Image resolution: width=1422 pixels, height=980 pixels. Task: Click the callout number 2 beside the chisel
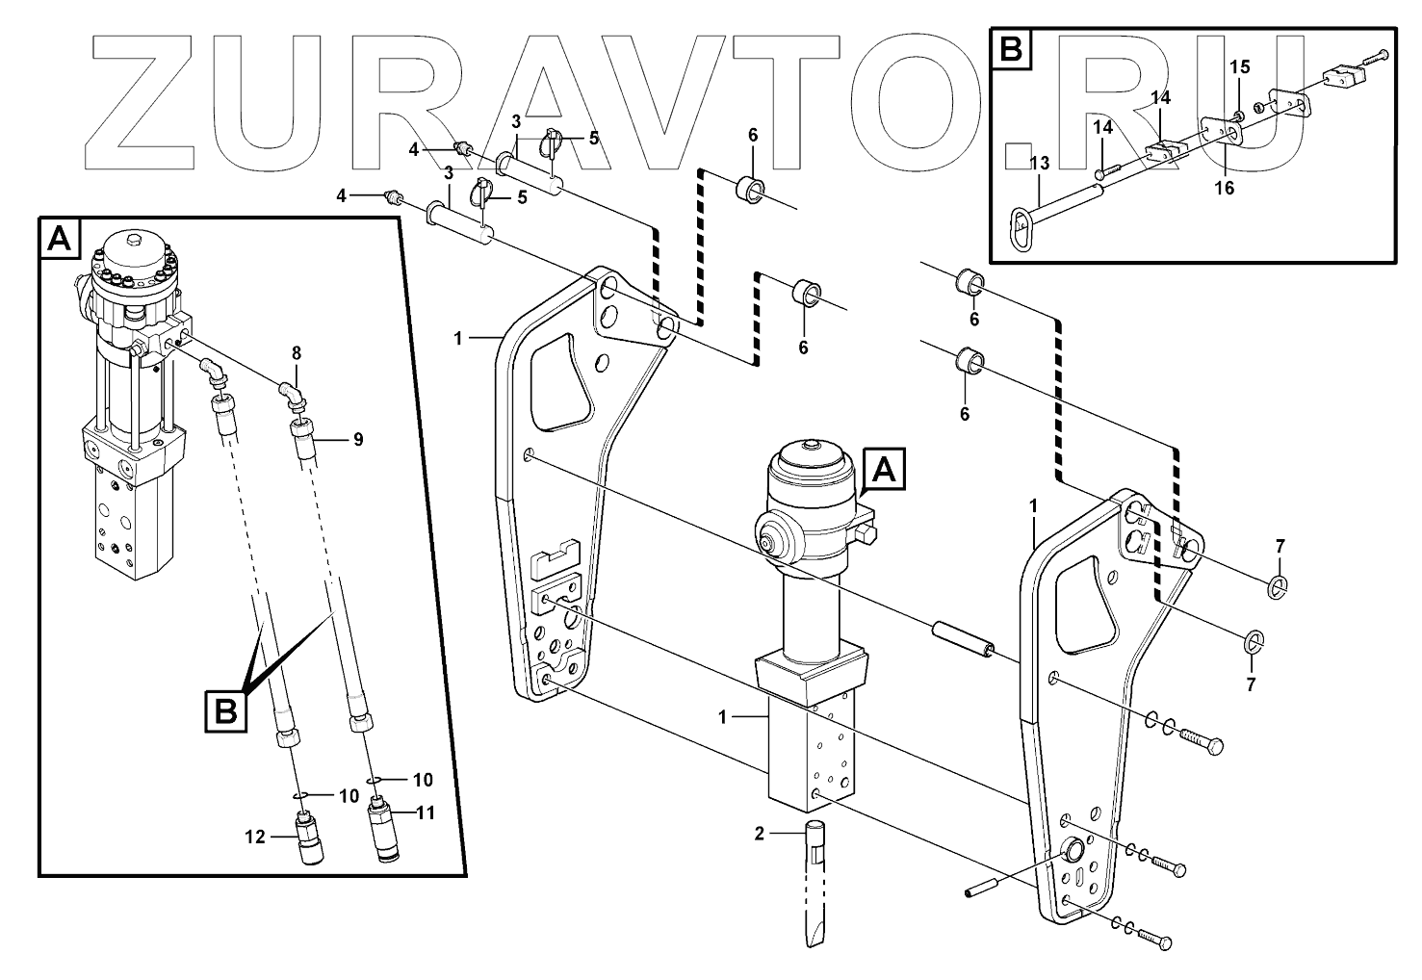click(x=759, y=834)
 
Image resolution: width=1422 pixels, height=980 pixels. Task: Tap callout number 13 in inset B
click(x=1039, y=164)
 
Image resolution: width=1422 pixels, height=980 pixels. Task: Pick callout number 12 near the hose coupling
click(x=254, y=838)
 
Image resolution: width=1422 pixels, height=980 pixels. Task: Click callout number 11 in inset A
click(x=425, y=812)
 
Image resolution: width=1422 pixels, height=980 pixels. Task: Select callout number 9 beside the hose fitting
click(x=357, y=440)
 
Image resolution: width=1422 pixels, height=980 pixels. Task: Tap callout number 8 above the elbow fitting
click(x=297, y=353)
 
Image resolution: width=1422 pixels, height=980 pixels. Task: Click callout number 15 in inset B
click(x=1240, y=66)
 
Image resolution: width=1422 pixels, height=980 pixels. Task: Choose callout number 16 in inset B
click(x=1224, y=188)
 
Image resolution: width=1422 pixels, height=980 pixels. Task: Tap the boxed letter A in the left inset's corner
click(x=60, y=238)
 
